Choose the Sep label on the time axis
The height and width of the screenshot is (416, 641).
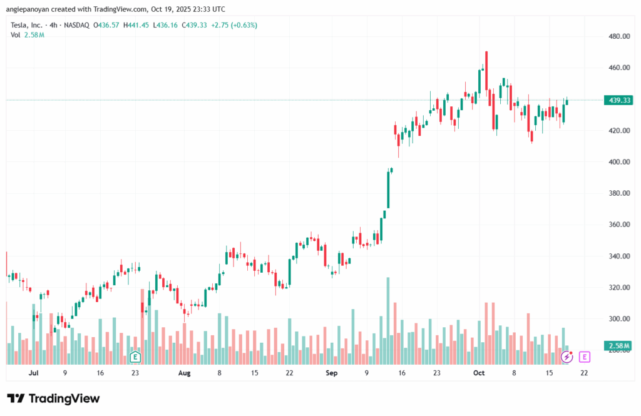point(332,373)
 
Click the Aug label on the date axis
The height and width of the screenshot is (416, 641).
point(183,373)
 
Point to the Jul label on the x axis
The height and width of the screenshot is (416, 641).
point(34,373)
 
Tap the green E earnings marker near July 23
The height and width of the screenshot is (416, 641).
point(135,357)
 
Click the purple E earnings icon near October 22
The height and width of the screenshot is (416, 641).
point(585,357)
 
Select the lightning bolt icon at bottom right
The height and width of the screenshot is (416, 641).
point(567,357)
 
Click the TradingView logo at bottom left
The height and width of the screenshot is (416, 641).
point(53,398)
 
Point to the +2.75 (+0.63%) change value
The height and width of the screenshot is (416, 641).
point(236,25)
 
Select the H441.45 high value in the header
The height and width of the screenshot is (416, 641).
point(136,25)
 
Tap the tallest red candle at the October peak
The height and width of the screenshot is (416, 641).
point(486,78)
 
